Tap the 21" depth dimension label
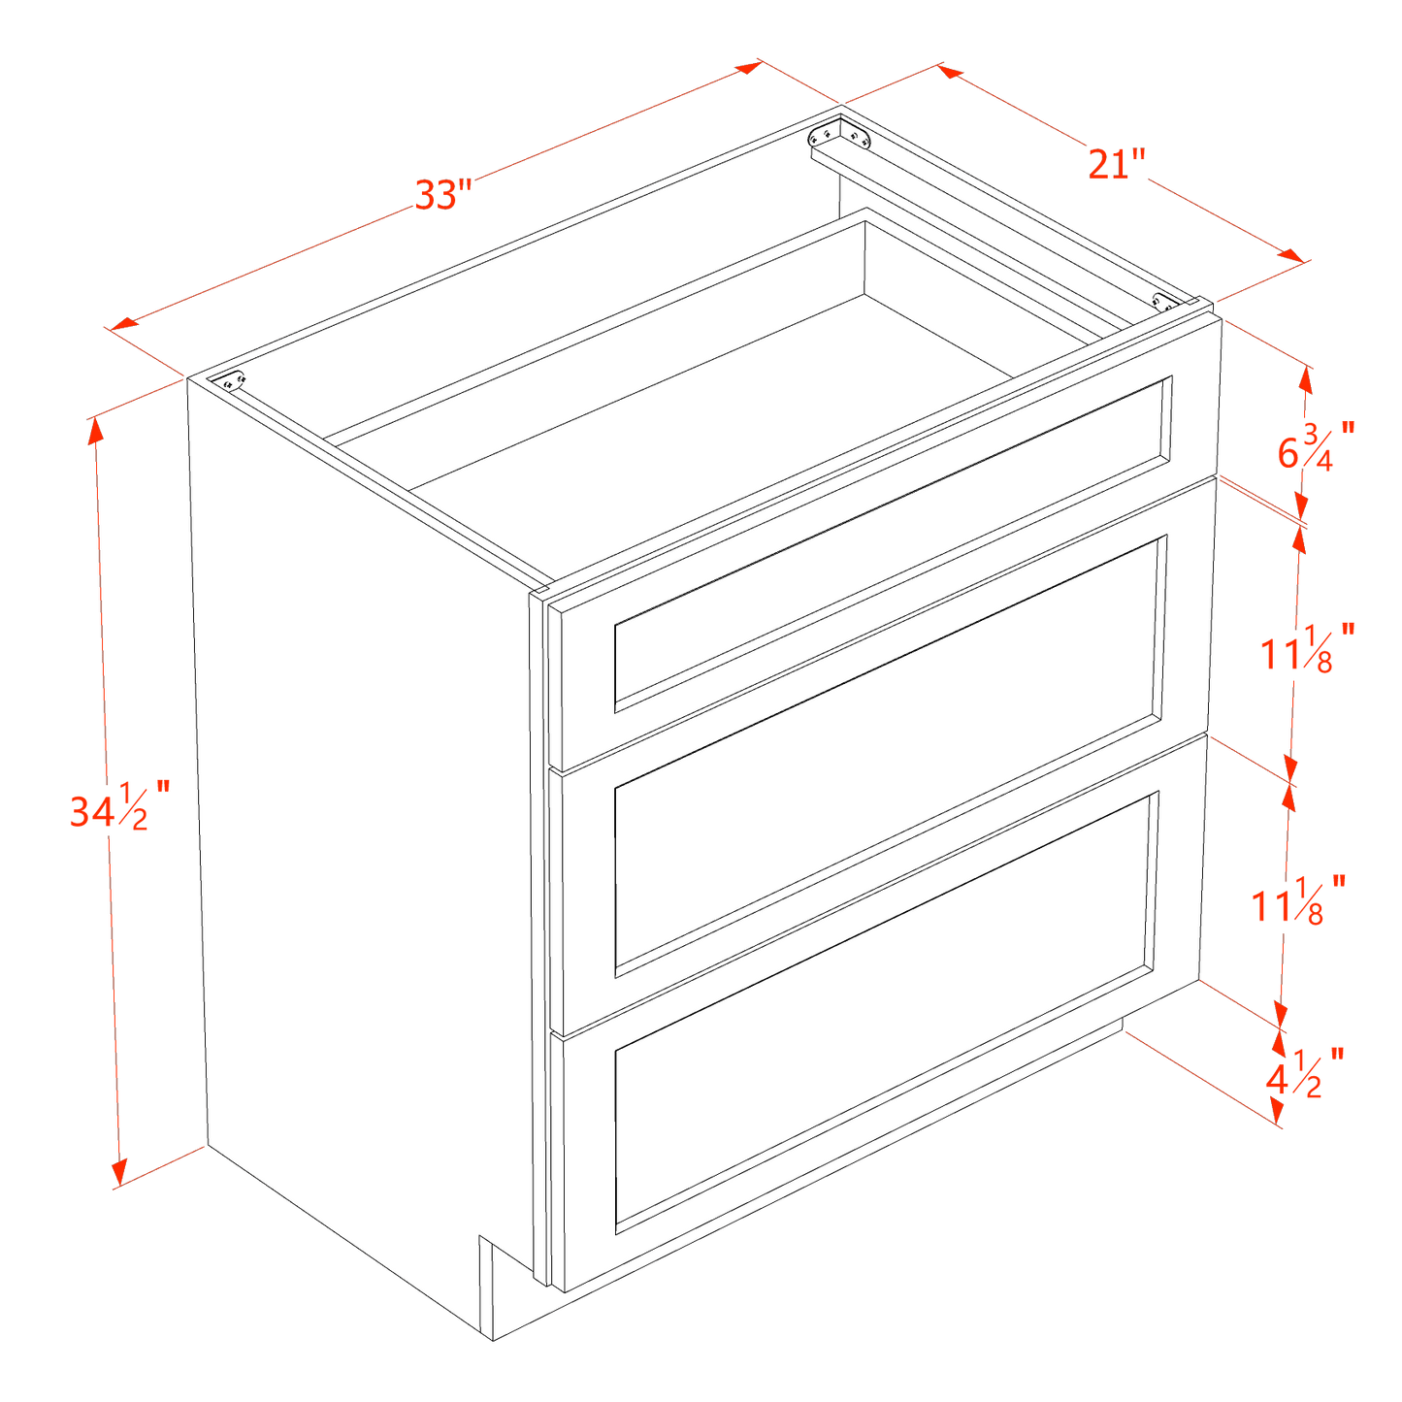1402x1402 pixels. coord(1117,163)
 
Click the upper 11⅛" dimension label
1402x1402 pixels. coord(1305,649)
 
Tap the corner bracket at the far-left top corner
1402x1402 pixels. coord(231,381)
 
